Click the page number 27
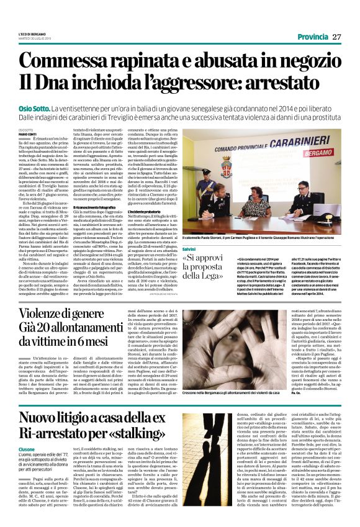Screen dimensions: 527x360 click(x=337, y=37)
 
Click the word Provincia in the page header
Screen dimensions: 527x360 click(x=313, y=37)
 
